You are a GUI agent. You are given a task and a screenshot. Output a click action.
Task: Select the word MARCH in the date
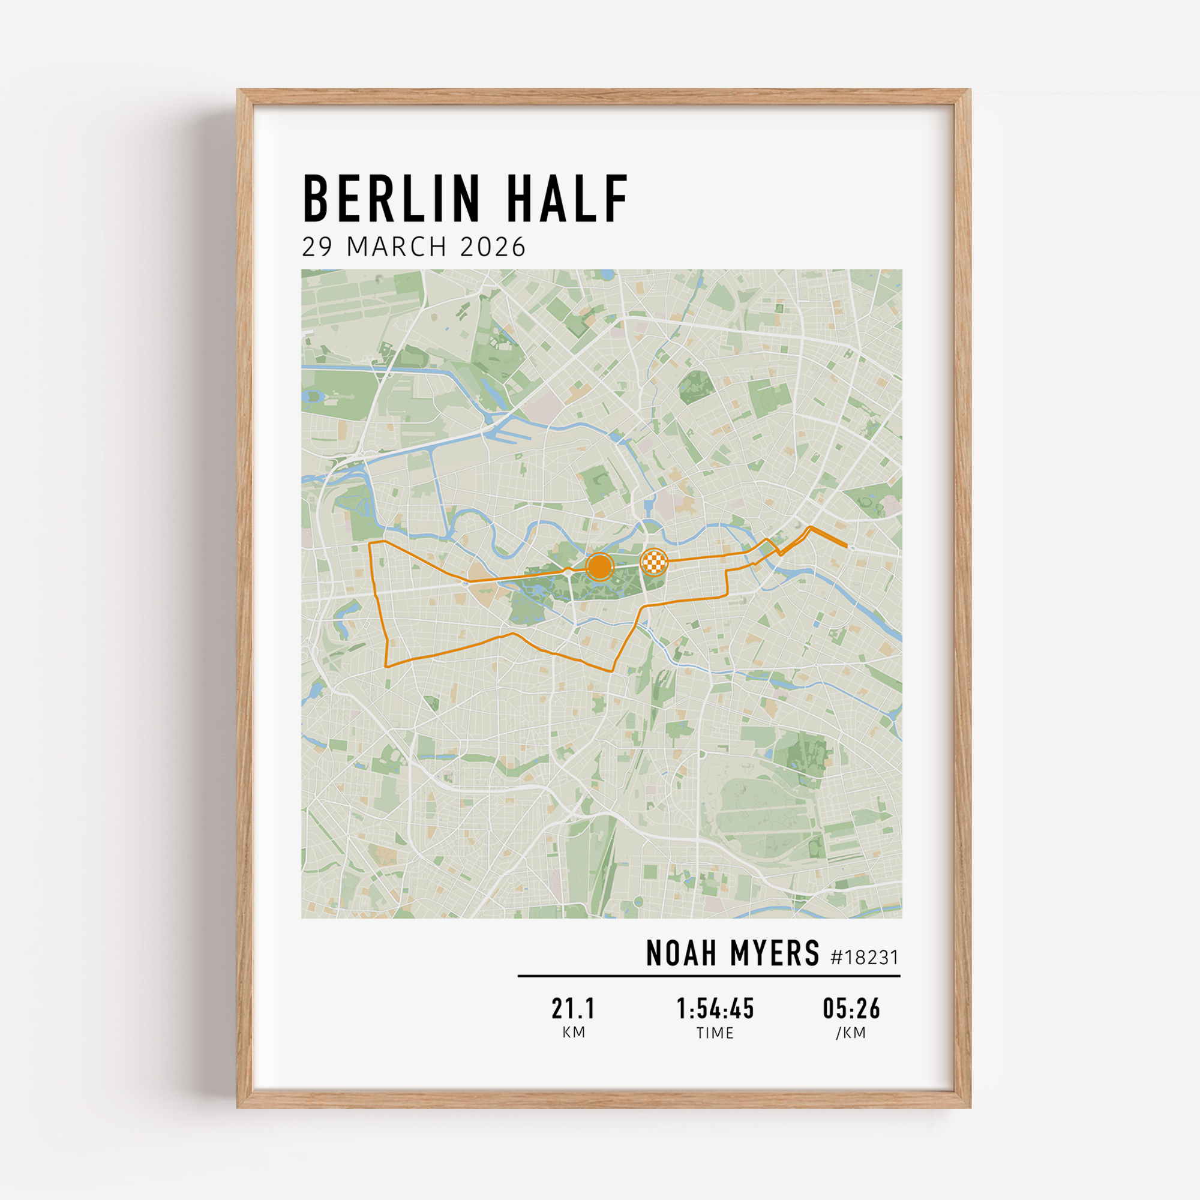(x=397, y=247)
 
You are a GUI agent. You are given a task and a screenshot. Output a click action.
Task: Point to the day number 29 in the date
(x=317, y=247)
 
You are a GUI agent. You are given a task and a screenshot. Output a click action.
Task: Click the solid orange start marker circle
(x=599, y=566)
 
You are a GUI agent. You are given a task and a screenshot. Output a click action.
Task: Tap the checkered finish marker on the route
(x=654, y=562)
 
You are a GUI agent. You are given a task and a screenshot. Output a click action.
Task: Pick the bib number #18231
(x=865, y=957)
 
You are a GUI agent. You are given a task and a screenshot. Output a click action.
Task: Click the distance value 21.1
(x=573, y=1009)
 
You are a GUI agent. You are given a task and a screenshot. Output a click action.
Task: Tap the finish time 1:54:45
(x=715, y=1009)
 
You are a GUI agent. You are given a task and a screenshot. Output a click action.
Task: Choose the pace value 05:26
(x=851, y=1009)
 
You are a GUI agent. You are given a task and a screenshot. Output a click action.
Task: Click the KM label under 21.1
(x=573, y=1032)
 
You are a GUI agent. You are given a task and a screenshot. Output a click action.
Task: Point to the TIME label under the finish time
(x=715, y=1033)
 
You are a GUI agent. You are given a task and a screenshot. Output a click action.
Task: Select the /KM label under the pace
(x=851, y=1033)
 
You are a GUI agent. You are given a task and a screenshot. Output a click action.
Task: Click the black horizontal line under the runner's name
(x=709, y=976)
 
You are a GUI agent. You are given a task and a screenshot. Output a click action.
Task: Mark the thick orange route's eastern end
(x=846, y=546)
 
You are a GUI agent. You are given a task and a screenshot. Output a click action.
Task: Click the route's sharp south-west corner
(x=386, y=667)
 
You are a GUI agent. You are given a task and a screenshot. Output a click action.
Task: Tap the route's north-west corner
(x=370, y=543)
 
